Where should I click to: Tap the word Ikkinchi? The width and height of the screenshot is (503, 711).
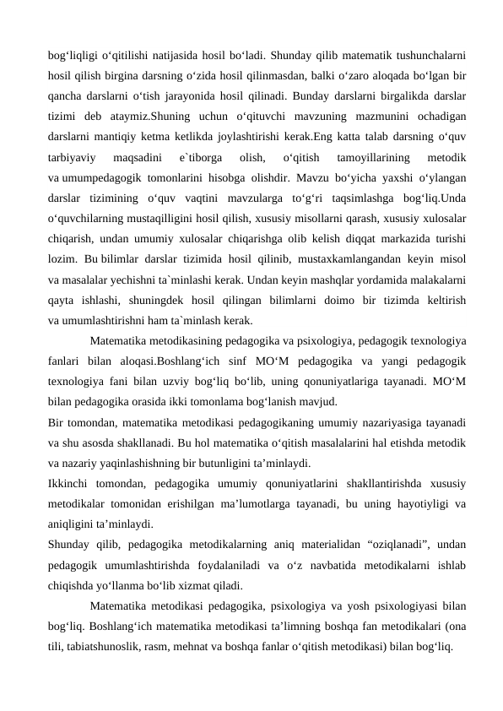coord(71,485)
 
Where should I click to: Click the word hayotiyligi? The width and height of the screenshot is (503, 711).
coord(411,504)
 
